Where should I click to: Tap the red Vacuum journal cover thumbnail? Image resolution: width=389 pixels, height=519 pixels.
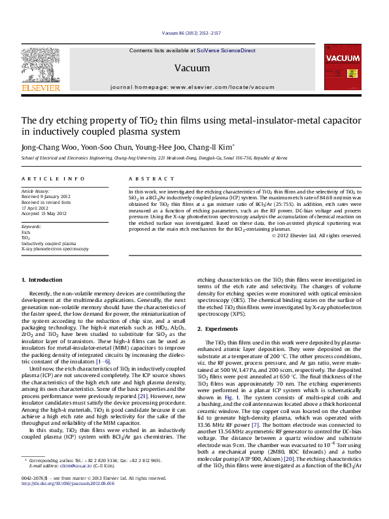click(x=343, y=67)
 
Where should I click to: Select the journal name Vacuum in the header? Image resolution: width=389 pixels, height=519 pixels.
click(x=188, y=68)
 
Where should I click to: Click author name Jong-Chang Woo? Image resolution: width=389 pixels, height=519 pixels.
click(x=42, y=148)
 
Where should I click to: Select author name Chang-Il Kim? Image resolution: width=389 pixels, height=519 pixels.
click(x=214, y=148)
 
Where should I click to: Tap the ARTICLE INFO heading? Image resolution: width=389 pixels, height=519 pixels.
click(x=44, y=178)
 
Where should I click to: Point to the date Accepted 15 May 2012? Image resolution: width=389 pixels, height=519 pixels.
click(x=44, y=214)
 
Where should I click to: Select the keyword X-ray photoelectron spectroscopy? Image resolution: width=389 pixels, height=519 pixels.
click(x=55, y=249)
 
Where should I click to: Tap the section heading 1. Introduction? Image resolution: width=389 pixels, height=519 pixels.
click(x=42, y=280)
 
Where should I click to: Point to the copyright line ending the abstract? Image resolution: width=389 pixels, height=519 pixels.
click(x=316, y=235)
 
